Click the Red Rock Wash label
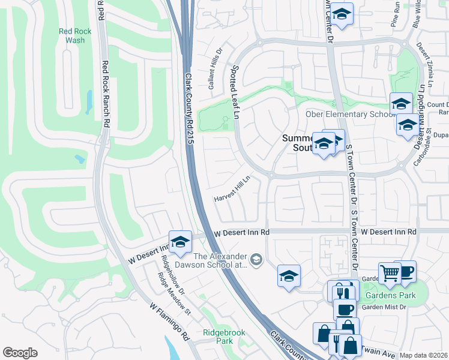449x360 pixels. tap(76, 36)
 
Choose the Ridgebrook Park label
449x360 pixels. tap(217, 336)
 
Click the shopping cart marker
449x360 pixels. tap(390, 273)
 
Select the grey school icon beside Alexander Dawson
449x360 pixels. tap(256, 259)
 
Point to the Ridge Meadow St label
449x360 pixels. tap(174, 294)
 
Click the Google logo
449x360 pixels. tap(20, 353)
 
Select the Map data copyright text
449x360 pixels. tap(424, 355)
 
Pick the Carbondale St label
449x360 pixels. tap(427, 136)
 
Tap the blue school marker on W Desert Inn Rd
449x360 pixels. tap(179, 241)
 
